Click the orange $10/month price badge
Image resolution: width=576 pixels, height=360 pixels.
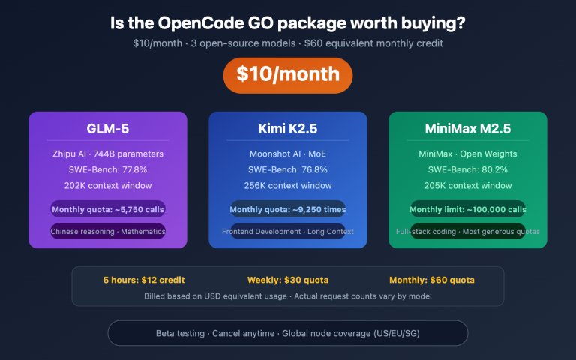coord(288,75)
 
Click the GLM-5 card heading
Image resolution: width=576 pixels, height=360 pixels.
coord(108,128)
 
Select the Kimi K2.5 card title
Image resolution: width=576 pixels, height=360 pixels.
coord(288,128)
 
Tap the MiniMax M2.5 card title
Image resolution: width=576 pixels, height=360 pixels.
coord(468,128)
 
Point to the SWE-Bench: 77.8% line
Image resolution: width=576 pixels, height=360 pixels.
coord(108,169)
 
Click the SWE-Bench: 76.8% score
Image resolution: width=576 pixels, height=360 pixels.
coord(288,169)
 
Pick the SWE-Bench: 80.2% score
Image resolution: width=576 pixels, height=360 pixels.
coord(468,169)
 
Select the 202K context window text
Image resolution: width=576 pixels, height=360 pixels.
coord(108,185)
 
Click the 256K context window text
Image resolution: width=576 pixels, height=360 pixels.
coord(288,185)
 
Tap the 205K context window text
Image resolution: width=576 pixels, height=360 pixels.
coord(468,185)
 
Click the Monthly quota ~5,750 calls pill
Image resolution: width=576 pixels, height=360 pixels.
coord(108,209)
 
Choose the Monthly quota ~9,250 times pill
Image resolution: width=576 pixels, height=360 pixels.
coord(288,209)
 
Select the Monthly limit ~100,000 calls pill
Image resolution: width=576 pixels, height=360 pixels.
coord(468,209)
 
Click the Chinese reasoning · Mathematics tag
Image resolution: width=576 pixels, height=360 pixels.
coord(108,232)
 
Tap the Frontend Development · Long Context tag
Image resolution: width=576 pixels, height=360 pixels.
coord(288,232)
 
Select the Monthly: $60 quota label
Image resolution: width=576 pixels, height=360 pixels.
coord(431,280)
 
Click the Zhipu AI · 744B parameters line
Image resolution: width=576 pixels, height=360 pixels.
coord(108,154)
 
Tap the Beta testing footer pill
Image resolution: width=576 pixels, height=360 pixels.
coord(288,332)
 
